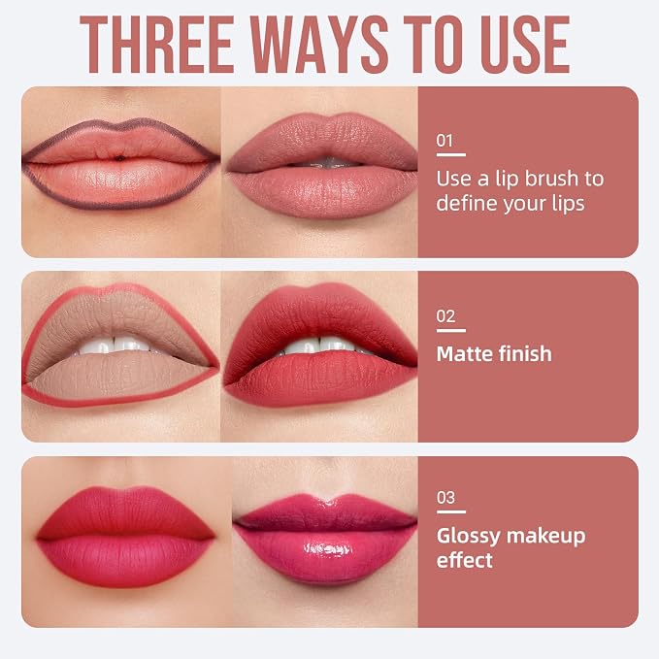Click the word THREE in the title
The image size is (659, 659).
[157, 45]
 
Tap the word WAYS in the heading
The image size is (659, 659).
[319, 45]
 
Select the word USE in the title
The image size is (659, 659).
[525, 45]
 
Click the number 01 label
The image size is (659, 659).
[445, 141]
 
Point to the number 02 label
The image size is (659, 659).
[445, 316]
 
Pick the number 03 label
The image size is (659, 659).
[445, 498]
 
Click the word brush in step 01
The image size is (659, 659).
[551, 179]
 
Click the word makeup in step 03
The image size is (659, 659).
[546, 537]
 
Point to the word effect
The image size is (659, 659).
[465, 560]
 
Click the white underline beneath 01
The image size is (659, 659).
[451, 155]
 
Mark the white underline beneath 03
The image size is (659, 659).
[451, 511]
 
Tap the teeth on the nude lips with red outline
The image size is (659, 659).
[116, 346]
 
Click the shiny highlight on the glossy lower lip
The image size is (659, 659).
[327, 549]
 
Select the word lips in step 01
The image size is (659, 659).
[568, 204]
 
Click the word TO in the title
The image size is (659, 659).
[434, 45]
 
